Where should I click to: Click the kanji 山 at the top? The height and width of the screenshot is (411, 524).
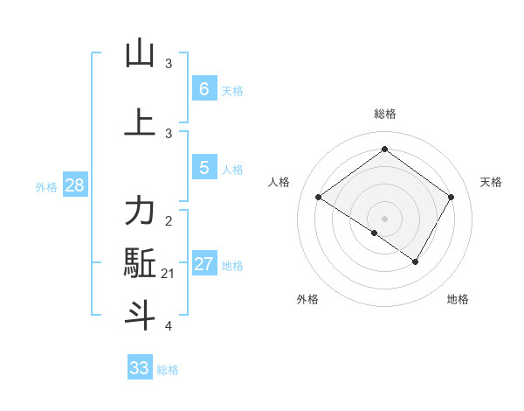(140, 53)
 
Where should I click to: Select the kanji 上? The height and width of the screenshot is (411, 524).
(140, 122)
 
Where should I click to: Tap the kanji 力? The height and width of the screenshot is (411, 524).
(140, 211)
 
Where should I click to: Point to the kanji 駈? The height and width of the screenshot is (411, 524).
(140, 263)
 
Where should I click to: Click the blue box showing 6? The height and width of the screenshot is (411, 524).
(203, 89)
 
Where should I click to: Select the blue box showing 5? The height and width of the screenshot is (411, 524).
(203, 168)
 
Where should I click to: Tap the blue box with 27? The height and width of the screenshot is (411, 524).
(203, 264)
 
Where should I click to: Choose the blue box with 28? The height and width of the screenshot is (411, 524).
(74, 185)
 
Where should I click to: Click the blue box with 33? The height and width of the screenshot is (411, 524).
(140, 368)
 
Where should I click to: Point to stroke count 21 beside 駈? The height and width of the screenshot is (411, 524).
(168, 275)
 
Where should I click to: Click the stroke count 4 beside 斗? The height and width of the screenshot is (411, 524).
(169, 326)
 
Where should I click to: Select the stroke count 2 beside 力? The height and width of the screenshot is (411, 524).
(169, 220)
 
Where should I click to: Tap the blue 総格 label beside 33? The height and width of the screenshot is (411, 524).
(168, 370)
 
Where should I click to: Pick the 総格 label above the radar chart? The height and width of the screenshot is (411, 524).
(384, 114)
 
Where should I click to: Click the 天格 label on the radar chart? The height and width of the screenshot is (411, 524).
(491, 182)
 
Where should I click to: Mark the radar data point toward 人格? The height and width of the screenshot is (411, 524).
(319, 198)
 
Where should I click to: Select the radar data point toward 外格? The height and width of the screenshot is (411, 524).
(375, 233)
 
